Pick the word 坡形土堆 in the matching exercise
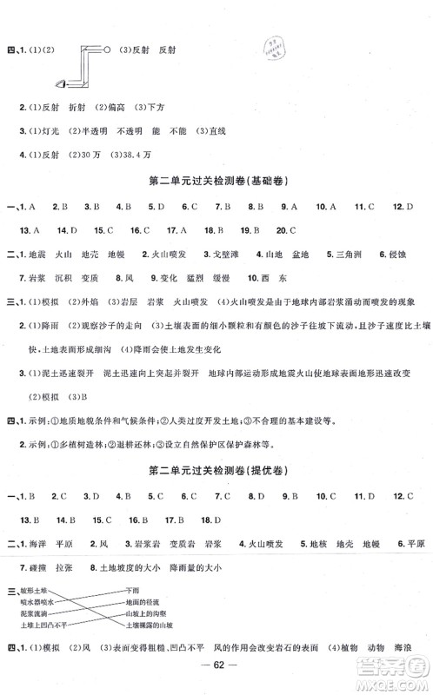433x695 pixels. (x=34, y=588)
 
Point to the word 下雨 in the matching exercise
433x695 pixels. (x=131, y=588)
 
